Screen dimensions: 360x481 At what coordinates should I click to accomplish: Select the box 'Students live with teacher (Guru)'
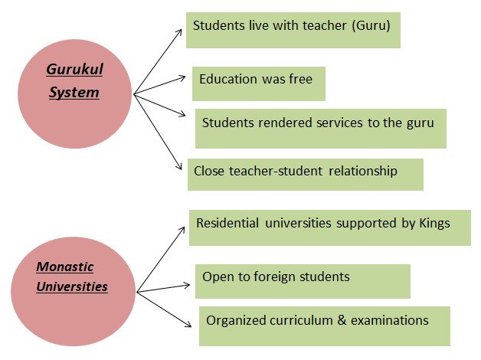tap(293, 30)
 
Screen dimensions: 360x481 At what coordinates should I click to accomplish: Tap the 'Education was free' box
tap(258, 83)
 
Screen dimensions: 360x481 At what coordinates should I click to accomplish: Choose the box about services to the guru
tap(320, 127)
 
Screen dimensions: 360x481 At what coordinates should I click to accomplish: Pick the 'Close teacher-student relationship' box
tap(305, 174)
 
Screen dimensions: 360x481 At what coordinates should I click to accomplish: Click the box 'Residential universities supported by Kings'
tap(329, 224)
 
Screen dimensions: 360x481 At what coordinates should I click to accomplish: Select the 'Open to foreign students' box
tap(303, 280)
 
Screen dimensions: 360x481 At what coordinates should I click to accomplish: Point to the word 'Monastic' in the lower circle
tap(65, 267)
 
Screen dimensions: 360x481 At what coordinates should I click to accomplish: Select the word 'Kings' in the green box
tap(433, 224)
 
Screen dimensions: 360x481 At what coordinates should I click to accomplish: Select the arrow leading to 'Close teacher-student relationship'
tap(161, 130)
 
